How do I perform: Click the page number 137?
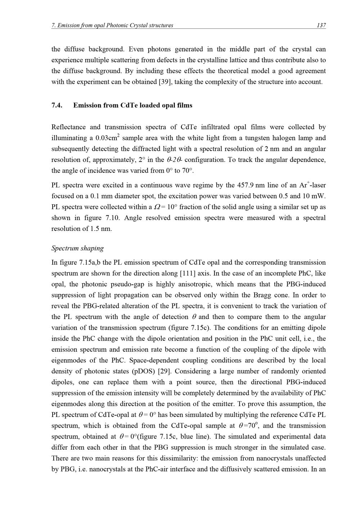point(321,25)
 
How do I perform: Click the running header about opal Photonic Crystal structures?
point(112,25)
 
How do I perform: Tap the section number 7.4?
point(57,105)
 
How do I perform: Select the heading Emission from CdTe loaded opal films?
point(132,105)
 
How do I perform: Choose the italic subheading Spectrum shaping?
point(77,248)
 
